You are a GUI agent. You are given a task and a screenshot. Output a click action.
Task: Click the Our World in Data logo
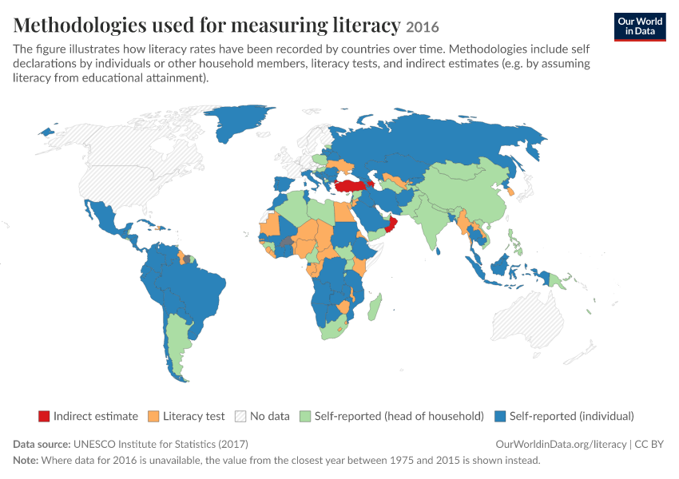pyautogui.click(x=640, y=27)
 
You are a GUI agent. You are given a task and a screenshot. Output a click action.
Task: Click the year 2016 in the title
pyautogui.click(x=423, y=27)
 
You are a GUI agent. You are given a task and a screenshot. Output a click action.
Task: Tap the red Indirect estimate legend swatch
pyautogui.click(x=44, y=416)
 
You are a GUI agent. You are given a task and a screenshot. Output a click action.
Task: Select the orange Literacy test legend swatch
pyautogui.click(x=153, y=416)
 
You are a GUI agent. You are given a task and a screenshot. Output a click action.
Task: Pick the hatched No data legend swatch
pyautogui.click(x=240, y=416)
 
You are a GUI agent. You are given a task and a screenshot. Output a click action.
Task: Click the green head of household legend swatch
pyautogui.click(x=305, y=416)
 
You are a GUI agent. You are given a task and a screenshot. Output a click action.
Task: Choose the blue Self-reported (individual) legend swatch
pyautogui.click(x=500, y=416)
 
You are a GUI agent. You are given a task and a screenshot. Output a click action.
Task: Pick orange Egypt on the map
pyautogui.click(x=343, y=212)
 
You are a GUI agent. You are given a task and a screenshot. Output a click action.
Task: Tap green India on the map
pyautogui.click(x=427, y=220)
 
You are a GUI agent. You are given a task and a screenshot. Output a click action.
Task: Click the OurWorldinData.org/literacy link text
pyautogui.click(x=562, y=445)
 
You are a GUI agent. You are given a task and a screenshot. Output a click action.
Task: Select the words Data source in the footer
pyautogui.click(x=42, y=445)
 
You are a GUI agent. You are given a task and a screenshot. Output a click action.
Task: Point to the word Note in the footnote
pyautogui.click(x=26, y=460)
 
